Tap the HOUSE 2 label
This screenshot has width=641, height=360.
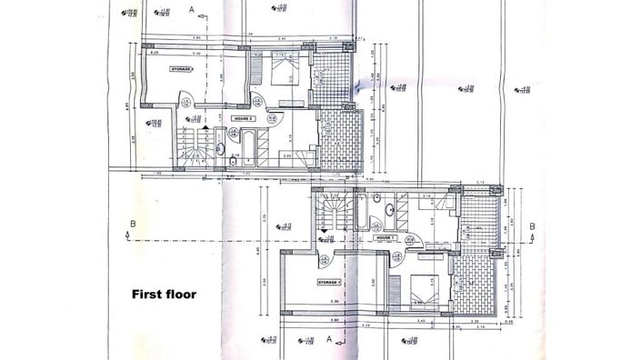(243, 119)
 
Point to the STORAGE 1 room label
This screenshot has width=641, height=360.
(328, 283)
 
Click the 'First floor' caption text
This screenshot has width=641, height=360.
(165, 294)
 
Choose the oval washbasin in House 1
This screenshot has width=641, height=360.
(391, 207)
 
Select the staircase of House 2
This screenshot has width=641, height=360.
(195, 150)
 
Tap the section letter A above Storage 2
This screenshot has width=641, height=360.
(192, 9)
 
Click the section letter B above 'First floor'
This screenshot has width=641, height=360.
(133, 224)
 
